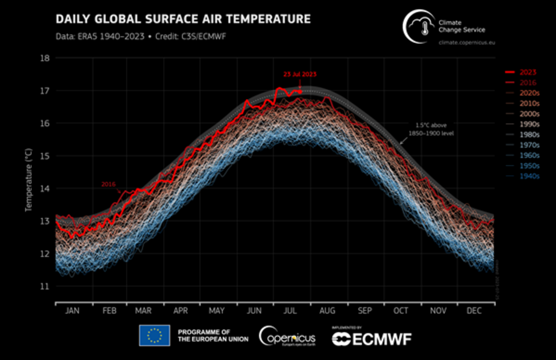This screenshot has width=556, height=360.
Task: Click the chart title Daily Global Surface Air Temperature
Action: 183,19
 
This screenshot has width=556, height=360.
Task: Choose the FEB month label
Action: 110,311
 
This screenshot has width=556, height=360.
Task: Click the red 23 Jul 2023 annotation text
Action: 300,75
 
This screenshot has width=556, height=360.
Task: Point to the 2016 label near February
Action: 108,184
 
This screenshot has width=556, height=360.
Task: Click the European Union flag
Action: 154,335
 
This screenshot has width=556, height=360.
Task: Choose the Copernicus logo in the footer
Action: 287,336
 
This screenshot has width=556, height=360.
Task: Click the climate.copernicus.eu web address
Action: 467,43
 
